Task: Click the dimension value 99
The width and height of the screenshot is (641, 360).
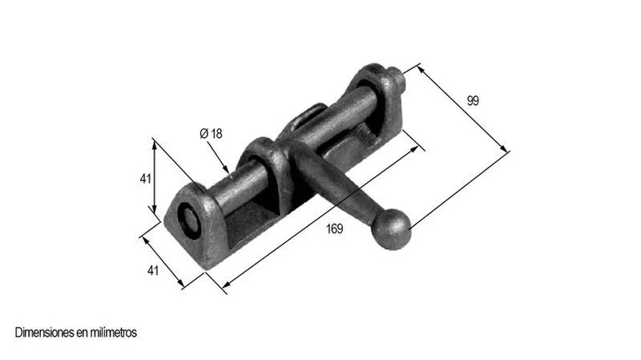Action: coord(473,101)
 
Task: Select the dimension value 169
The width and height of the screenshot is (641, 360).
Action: coord(334,229)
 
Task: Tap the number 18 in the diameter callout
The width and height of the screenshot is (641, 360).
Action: coord(216,134)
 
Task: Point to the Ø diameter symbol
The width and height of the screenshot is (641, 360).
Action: coord(204,134)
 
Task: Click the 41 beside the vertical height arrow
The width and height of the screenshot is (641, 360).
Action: coord(146,179)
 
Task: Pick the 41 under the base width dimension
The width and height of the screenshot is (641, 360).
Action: coord(152,270)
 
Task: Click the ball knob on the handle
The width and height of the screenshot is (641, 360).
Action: coord(391,229)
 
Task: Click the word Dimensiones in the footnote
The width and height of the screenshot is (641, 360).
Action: coord(45,333)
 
